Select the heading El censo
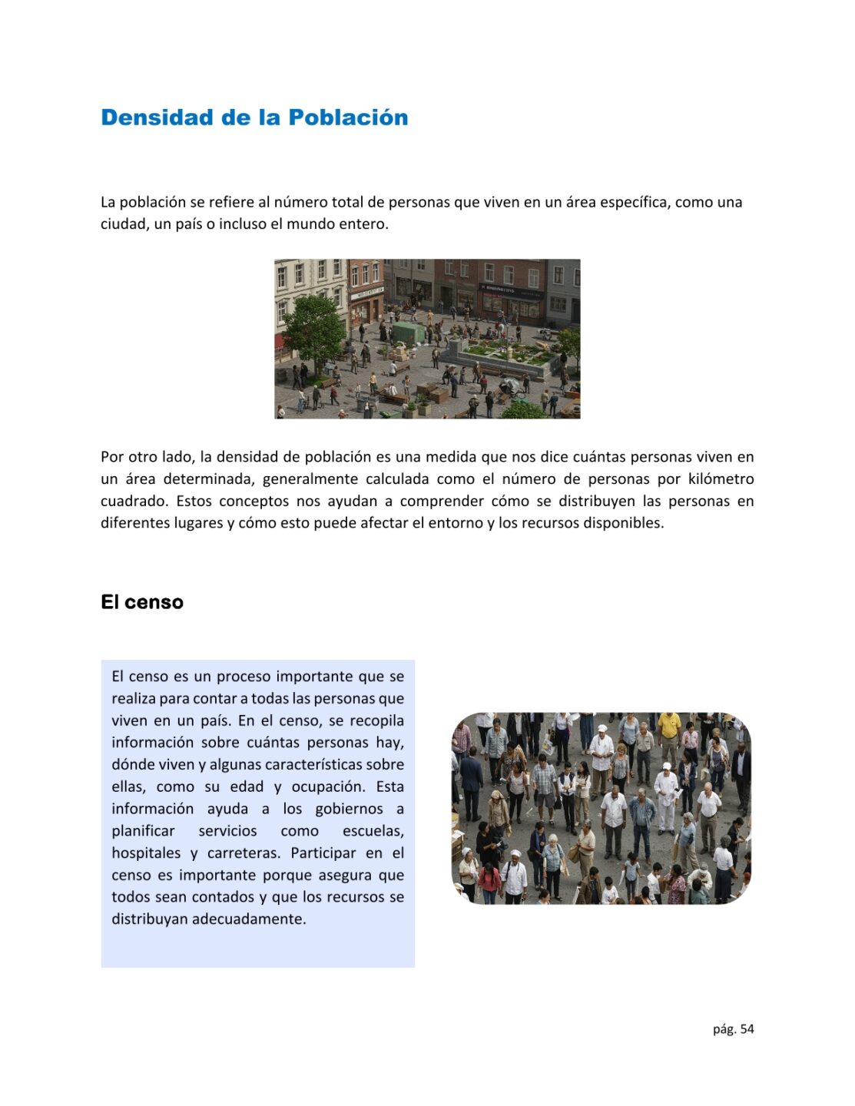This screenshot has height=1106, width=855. pos(142,602)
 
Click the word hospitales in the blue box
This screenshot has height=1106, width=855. pos(146,853)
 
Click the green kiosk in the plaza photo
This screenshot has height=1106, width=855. pos(407,333)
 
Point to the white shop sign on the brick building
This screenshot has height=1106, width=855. pos(367,292)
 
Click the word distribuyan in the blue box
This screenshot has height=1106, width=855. pos(148,919)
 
